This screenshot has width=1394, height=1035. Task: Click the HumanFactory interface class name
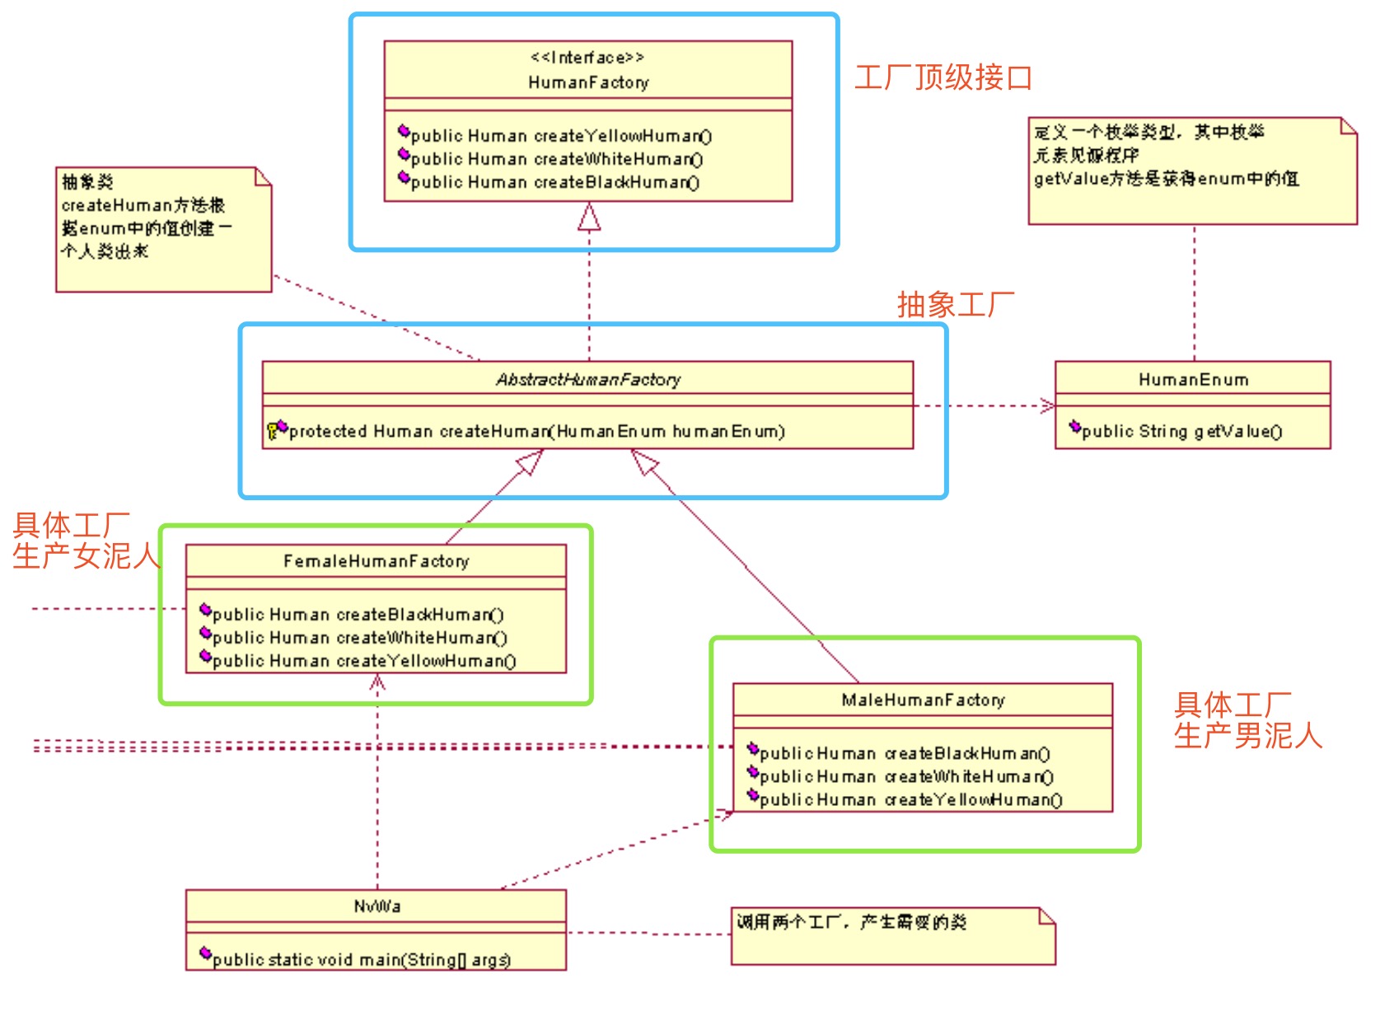[588, 82]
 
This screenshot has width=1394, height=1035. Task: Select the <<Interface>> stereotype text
[587, 58]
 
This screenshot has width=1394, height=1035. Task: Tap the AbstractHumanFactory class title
[587, 380]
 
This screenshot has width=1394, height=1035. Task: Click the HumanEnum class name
[1193, 380]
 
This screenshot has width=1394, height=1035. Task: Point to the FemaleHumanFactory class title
[376, 561]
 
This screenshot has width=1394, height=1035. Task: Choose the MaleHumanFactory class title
[923, 700]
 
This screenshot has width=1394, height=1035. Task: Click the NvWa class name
[377, 906]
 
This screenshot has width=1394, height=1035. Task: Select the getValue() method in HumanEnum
[1181, 432]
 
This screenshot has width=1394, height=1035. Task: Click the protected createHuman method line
[536, 432]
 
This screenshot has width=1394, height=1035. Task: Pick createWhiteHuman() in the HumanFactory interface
[556, 159]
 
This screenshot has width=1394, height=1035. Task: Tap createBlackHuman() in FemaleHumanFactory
[358, 615]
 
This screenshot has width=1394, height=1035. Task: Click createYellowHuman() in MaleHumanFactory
[910, 800]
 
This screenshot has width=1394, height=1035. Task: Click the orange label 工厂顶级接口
[943, 77]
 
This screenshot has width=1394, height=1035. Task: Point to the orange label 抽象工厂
[956, 305]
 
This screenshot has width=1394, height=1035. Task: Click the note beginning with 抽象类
[163, 229]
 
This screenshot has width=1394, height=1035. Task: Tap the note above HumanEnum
[1192, 170]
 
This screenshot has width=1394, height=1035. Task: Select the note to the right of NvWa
[892, 935]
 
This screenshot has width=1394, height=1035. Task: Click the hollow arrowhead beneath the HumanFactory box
[589, 217]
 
